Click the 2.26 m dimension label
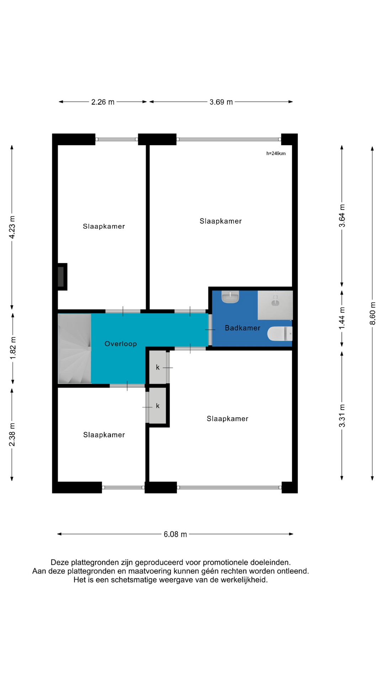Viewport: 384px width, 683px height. (103, 102)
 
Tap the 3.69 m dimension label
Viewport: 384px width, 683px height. (221, 102)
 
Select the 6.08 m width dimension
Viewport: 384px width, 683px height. (175, 534)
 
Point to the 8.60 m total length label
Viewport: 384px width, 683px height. (373, 313)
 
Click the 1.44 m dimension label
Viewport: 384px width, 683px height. (342, 318)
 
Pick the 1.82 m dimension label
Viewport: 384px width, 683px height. (13, 348)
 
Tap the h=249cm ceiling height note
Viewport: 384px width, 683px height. (276, 154)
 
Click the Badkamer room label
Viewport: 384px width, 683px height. (242, 328)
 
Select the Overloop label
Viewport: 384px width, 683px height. (121, 344)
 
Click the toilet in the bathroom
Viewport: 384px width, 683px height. (280, 334)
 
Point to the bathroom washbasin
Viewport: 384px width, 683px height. (230, 297)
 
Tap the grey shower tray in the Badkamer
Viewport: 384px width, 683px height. (275, 305)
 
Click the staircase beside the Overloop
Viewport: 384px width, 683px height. (75, 349)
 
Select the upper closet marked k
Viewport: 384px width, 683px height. (158, 367)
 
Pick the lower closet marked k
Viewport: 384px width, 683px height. (158, 406)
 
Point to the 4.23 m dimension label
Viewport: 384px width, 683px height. (12, 227)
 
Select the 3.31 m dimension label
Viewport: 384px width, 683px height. (342, 416)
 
